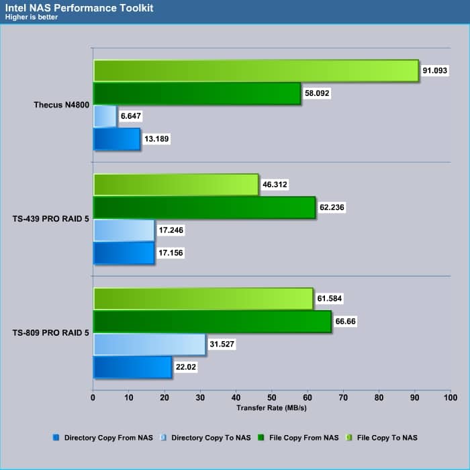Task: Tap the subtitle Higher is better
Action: point(30,17)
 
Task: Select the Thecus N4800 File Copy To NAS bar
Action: point(255,70)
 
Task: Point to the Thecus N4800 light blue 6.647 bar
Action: point(105,116)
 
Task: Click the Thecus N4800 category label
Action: point(62,105)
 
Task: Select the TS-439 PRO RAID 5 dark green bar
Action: point(204,207)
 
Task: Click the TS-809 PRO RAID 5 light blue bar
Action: point(149,344)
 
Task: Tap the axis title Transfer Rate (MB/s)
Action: point(271,408)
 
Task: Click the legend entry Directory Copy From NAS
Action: point(108,438)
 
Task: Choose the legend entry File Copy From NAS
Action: point(301,438)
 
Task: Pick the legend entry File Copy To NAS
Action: point(387,438)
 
